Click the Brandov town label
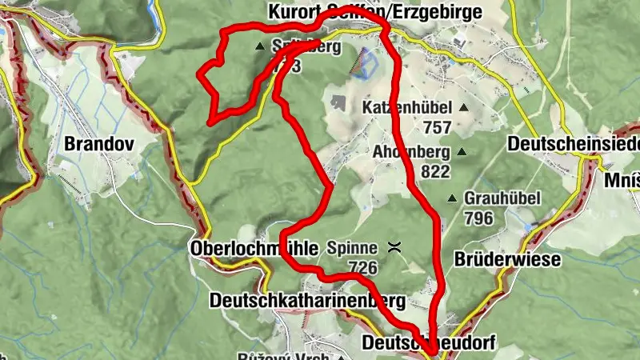click(x=101, y=144)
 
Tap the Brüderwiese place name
click(x=507, y=260)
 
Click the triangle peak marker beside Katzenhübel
click(x=462, y=106)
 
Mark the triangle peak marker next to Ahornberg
click(x=461, y=151)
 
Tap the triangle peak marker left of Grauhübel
click(x=453, y=198)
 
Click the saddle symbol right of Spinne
click(x=394, y=248)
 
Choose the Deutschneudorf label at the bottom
click(x=429, y=342)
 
